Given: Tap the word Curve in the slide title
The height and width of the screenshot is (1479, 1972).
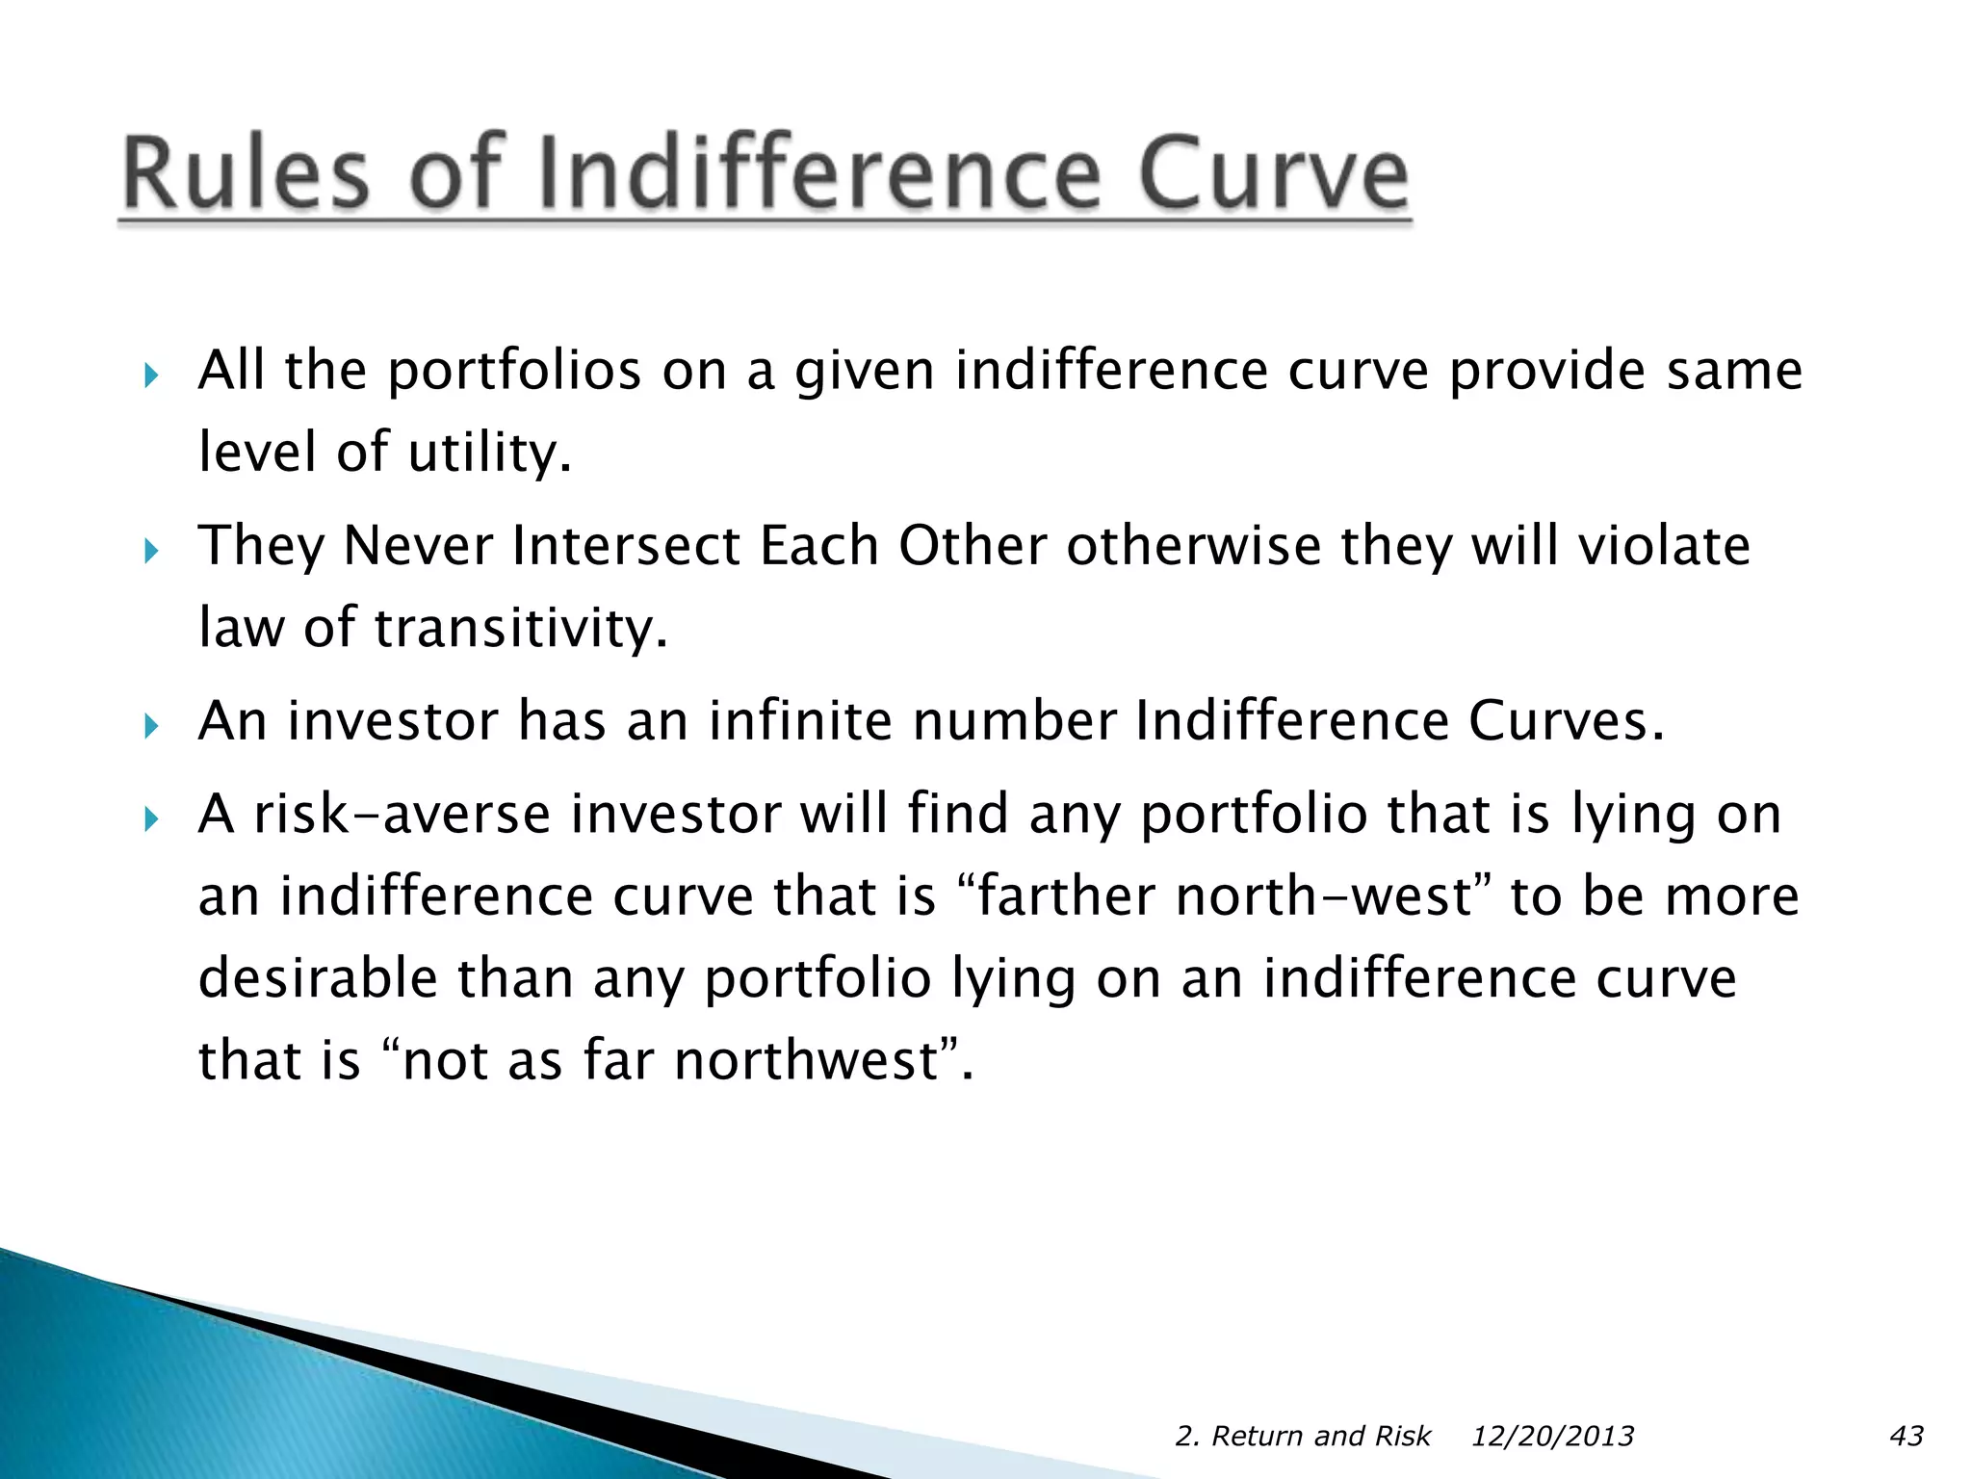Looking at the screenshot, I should tap(1274, 174).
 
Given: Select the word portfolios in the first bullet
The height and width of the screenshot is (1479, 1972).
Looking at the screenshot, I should tap(514, 371).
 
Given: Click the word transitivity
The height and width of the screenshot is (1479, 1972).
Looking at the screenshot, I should tap(520, 628).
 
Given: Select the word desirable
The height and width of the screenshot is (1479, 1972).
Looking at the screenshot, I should tap(318, 978).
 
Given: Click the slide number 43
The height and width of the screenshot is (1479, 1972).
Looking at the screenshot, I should tap(1907, 1436).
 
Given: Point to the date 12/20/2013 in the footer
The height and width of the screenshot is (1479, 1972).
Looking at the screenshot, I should tap(1552, 1436).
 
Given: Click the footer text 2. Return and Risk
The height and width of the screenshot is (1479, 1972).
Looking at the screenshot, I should tap(1303, 1436).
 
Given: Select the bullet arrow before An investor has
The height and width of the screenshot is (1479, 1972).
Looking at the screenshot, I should tap(150, 725).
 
